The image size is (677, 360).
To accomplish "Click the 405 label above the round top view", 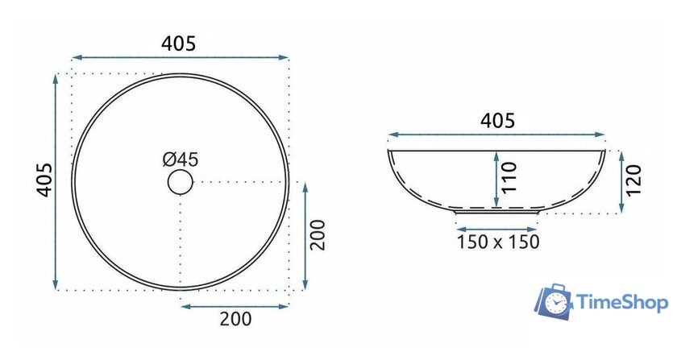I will point(178,43).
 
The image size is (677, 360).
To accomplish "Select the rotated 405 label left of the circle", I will point(44,180).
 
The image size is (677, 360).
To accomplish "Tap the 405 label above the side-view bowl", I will point(497,121).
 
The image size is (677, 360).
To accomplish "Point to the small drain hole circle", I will point(181,183).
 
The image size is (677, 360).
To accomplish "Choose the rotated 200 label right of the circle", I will point(318,235).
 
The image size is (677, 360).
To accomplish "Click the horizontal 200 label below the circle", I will point(235,319).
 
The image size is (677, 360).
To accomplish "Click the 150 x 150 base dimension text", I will point(497,241).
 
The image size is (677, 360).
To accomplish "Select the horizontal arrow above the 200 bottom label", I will point(235,306).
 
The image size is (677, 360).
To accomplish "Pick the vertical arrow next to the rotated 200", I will point(305,235).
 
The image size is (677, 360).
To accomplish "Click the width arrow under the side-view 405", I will point(496,134).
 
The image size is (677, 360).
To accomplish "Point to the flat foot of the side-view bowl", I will point(496,211).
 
